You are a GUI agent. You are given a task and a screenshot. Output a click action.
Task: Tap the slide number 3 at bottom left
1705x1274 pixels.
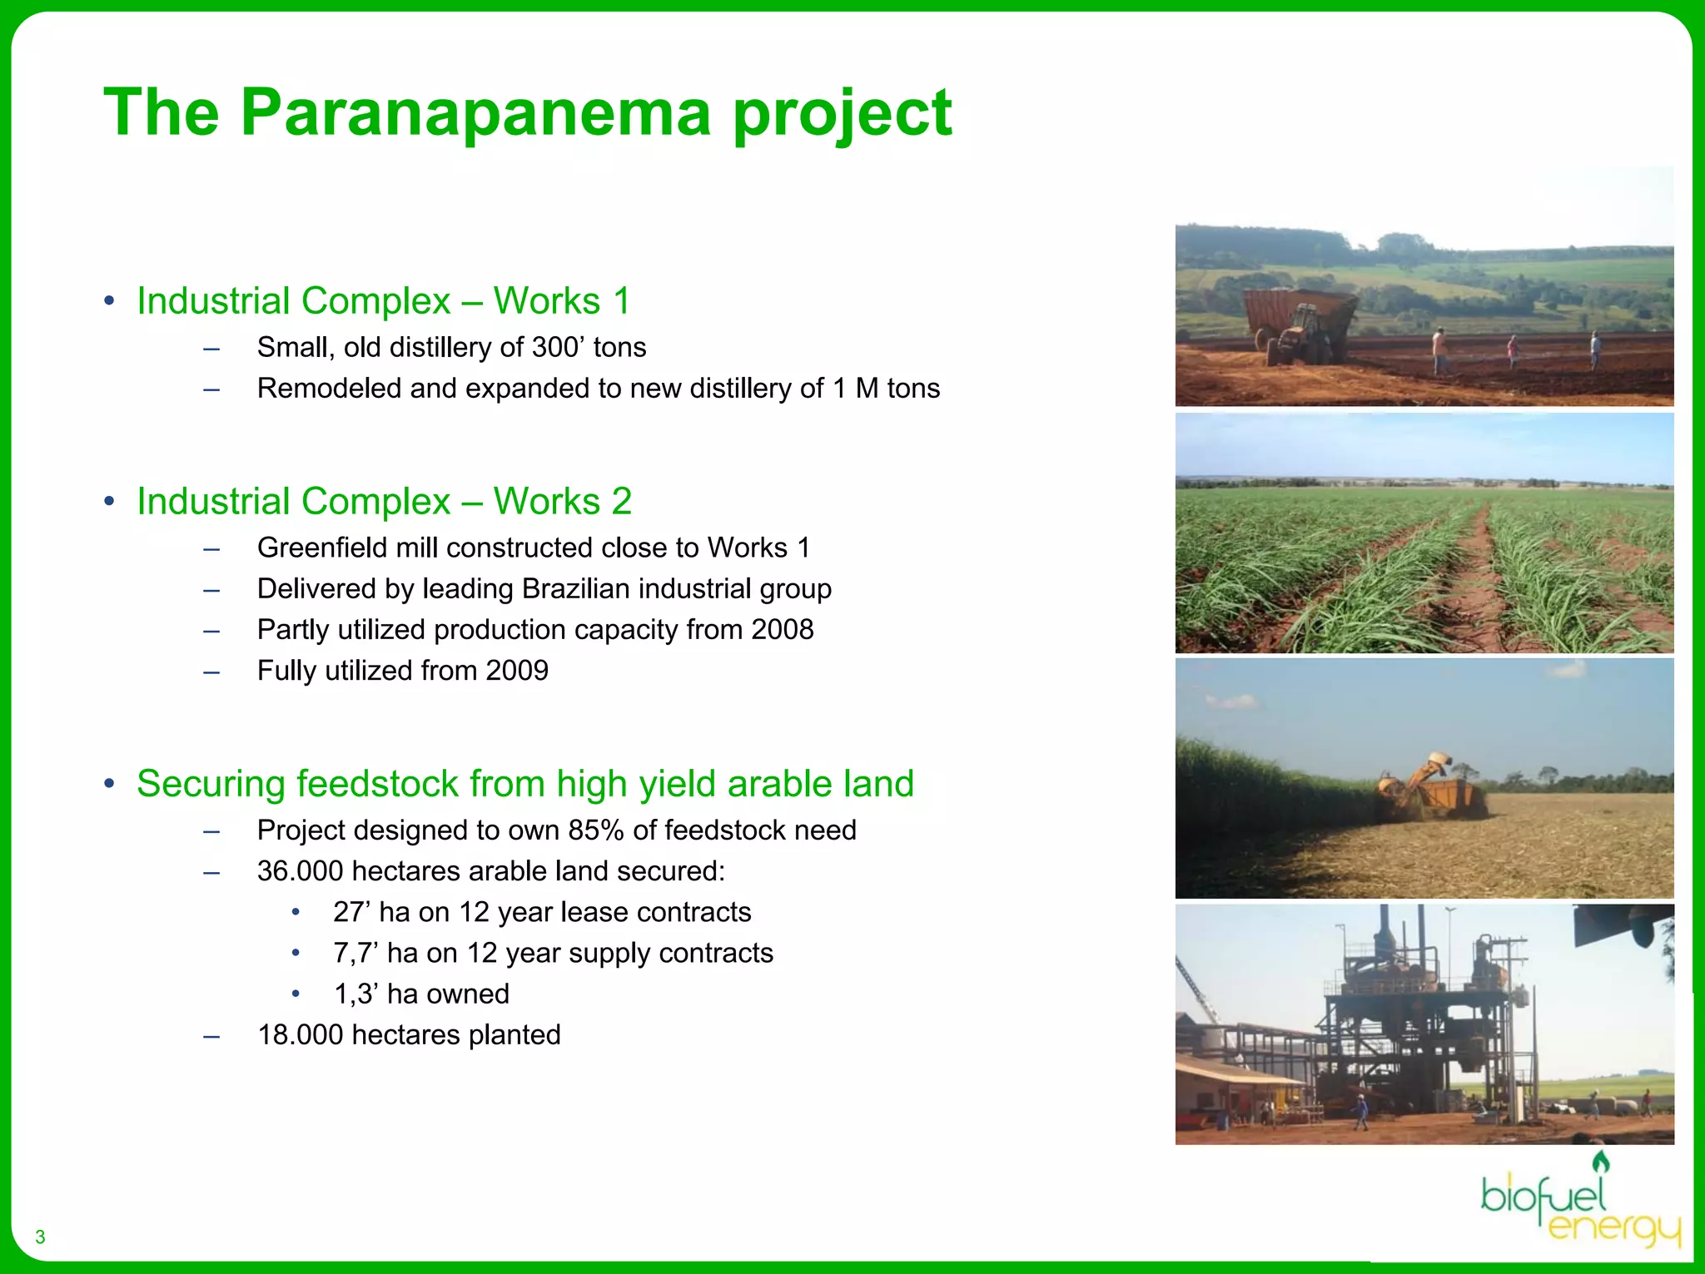(x=40, y=1237)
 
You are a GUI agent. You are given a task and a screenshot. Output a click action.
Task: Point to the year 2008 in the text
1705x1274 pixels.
(x=782, y=630)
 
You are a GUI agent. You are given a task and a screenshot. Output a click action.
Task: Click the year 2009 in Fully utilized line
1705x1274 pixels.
(x=517, y=671)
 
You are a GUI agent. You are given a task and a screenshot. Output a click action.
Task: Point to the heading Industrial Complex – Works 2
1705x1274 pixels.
(x=384, y=502)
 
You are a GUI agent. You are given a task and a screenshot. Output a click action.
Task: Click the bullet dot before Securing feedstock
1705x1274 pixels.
(x=109, y=784)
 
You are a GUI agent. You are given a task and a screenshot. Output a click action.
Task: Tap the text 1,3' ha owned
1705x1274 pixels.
(x=421, y=994)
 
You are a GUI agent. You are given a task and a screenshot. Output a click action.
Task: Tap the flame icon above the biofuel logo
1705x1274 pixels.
(x=1600, y=1162)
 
